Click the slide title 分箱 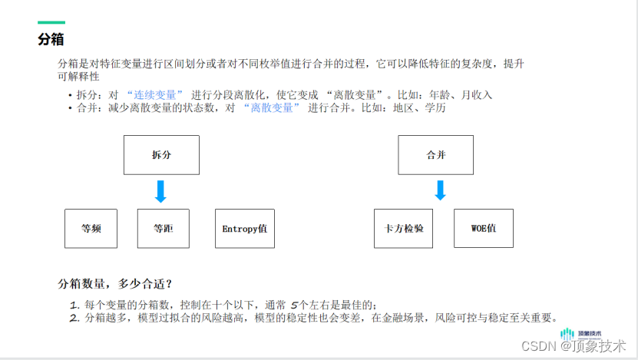coord(51,39)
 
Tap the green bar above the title coord(51,23)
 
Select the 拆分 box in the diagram coord(161,155)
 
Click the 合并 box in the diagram coord(435,155)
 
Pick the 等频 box coord(91,229)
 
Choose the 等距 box coord(163,229)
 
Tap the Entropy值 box coord(244,229)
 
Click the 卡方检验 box coord(404,229)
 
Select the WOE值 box coord(483,229)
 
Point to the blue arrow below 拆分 coord(160,191)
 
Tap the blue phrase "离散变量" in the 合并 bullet coord(272,108)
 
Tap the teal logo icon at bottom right coord(567,334)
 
